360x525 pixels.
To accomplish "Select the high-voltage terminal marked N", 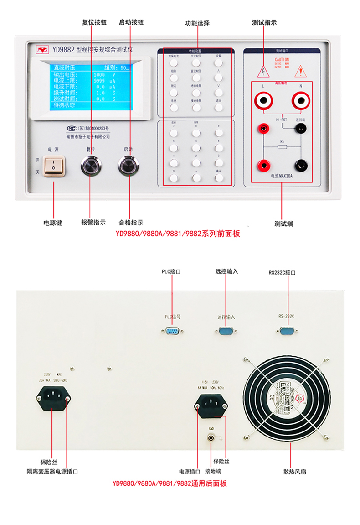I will point(300,99).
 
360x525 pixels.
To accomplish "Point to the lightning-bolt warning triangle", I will point(262,71).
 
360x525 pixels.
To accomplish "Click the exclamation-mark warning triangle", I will point(299,71).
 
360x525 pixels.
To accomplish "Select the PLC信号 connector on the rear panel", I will point(171,331).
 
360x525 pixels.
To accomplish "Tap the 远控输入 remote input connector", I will point(226,331).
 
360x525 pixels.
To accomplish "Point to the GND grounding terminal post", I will point(211,438).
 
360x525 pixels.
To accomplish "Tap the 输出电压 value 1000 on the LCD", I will point(99,74).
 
